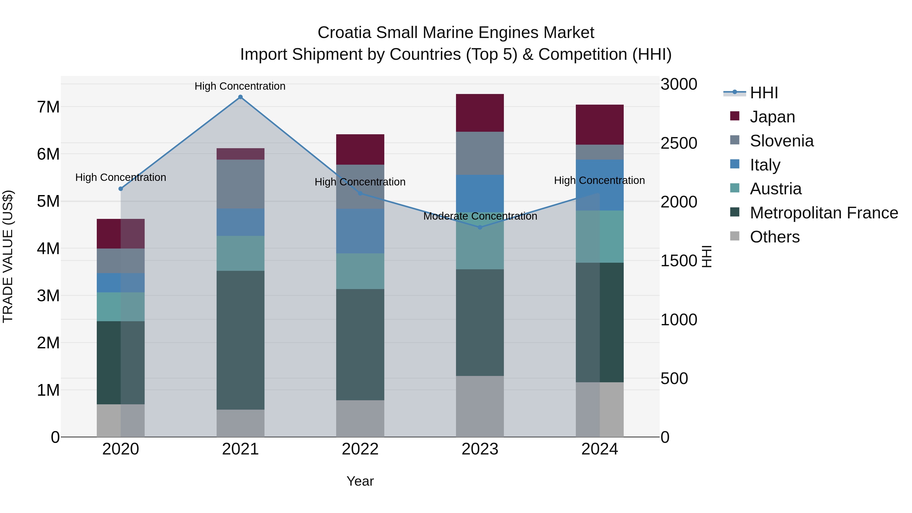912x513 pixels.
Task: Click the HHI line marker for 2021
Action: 240,97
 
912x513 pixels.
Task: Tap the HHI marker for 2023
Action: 480,227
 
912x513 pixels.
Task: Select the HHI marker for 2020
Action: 121,189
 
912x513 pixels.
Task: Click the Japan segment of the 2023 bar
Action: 480,113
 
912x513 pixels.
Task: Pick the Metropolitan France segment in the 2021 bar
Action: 240,340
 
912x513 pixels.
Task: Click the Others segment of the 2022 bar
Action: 360,419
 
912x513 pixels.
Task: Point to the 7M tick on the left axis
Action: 48,107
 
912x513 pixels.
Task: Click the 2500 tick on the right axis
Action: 679,143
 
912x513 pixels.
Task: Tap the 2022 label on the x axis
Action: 360,449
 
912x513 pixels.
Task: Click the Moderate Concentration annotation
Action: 480,216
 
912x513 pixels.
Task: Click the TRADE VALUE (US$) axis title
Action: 8,256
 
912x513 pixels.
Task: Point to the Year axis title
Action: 360,481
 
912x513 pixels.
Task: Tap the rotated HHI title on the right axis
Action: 707,256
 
